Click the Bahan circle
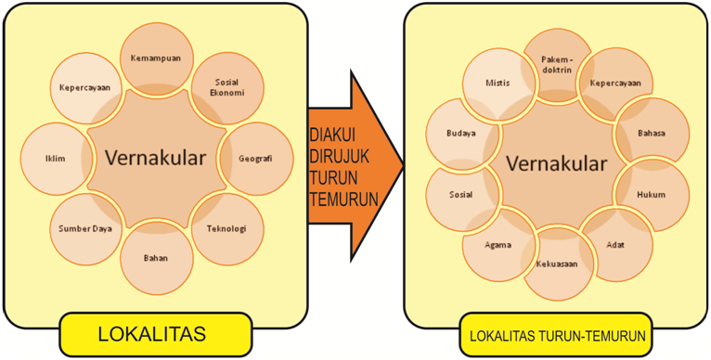[x=155, y=258]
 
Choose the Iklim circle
[x=54, y=158]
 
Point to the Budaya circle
[x=460, y=133]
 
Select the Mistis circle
[x=498, y=82]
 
